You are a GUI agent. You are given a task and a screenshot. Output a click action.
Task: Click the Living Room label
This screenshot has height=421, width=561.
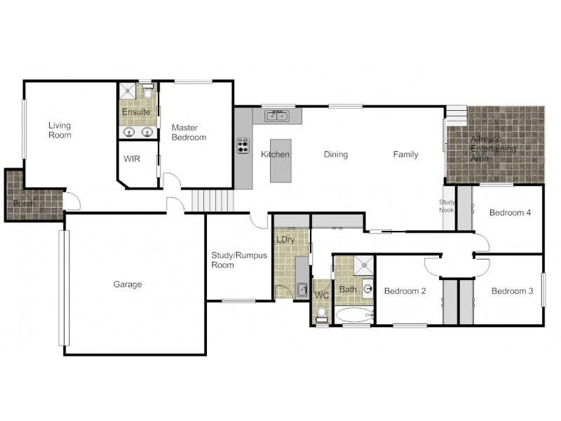60,130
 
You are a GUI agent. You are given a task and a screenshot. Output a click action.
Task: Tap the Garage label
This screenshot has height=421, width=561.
128,284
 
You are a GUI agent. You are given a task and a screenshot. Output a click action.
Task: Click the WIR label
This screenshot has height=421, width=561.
132,159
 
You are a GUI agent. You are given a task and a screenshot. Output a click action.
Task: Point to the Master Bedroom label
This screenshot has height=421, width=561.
189,132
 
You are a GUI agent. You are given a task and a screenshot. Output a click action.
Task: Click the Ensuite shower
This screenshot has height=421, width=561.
128,92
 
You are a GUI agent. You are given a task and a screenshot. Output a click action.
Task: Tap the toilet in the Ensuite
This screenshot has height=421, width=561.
149,93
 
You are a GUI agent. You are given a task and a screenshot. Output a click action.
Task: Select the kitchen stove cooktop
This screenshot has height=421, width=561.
243,145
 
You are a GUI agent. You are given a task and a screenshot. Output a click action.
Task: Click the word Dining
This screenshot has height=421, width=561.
336,154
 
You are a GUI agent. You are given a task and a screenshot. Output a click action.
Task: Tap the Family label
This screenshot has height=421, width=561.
405,154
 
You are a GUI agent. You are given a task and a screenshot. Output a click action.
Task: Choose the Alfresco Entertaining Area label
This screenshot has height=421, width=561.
494,149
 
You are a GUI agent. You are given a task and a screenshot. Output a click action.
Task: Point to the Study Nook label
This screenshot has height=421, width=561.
447,206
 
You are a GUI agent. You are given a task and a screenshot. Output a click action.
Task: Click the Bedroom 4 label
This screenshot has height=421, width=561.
510,213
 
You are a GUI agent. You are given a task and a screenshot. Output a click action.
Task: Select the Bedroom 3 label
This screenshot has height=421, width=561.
512,290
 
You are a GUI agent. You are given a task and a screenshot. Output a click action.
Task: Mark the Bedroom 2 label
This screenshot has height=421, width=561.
405,290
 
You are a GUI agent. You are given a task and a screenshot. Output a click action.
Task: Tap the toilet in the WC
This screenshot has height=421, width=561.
321,314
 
